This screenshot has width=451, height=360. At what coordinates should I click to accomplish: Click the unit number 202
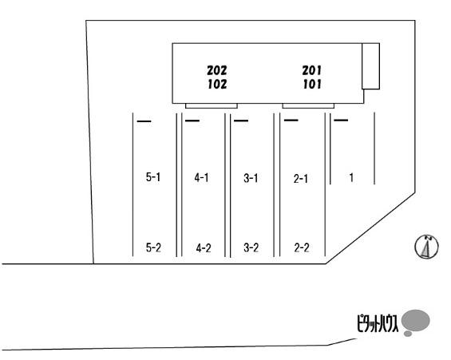pos(217,70)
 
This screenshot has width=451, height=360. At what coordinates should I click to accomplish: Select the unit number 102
pos(217,85)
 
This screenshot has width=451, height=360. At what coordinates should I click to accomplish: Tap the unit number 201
pos(312,70)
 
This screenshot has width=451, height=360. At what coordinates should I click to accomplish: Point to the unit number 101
pos(312,85)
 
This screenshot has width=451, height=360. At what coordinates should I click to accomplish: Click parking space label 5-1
pos(153,177)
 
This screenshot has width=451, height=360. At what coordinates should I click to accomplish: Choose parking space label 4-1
pos(201,178)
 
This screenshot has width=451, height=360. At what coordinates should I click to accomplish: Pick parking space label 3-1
pos(251,178)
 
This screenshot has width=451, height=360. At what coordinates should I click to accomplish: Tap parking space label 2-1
pos(301,179)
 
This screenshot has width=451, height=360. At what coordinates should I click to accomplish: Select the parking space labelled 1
pos(351,177)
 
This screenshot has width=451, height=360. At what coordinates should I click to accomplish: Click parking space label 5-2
pos(153,247)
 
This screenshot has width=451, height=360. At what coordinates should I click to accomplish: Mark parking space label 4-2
pos(204,248)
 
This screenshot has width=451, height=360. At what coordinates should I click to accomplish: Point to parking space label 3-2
pos(251,247)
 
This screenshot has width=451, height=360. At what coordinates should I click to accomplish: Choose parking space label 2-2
pos(302,247)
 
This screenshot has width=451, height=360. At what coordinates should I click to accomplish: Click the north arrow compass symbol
pos(426,247)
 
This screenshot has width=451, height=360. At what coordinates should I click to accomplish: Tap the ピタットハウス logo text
pos(378,324)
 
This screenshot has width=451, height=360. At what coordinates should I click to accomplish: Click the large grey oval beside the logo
pos(416,320)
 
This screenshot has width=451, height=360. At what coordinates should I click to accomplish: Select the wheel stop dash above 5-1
pos(144,121)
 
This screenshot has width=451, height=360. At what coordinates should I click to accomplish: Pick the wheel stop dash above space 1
pos(341,120)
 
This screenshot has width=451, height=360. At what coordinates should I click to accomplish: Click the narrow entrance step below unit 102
pos(212,106)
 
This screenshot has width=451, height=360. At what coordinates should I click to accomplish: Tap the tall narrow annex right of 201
pos(370,66)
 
